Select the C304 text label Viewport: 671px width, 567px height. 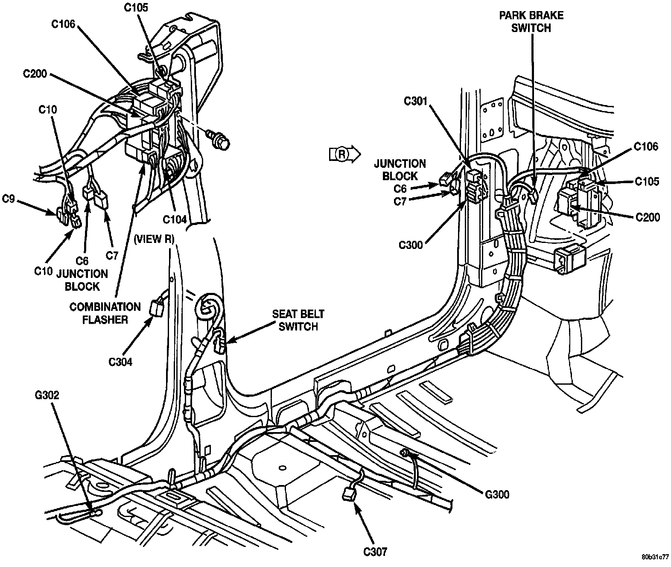coord(120,362)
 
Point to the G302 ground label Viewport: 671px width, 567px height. coord(48,395)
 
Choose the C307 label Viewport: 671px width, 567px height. coord(376,552)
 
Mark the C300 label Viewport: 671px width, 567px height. coord(411,245)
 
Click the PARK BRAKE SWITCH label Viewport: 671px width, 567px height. coord(531,22)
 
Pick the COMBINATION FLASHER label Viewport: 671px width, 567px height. coord(105,313)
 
